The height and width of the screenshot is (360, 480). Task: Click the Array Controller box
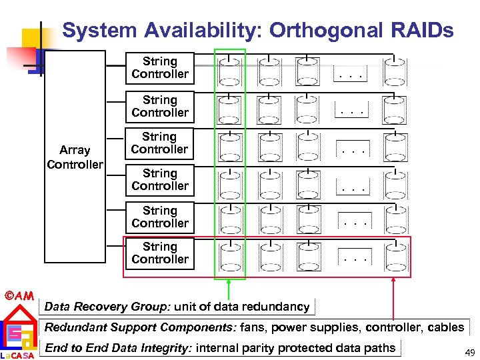point(75,157)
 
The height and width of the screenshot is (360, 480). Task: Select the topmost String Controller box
point(160,67)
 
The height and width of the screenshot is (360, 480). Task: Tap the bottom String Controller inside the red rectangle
point(160,253)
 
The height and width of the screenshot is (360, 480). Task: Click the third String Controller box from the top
point(160,143)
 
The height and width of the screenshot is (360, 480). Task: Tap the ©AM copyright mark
point(19,295)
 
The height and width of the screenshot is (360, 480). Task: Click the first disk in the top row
point(229,70)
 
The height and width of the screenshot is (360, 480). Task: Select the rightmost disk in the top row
point(394,70)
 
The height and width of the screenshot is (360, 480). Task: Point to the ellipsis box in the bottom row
point(354,256)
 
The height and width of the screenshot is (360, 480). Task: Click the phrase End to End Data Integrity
point(118,347)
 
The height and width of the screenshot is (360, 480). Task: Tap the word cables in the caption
point(445,327)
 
